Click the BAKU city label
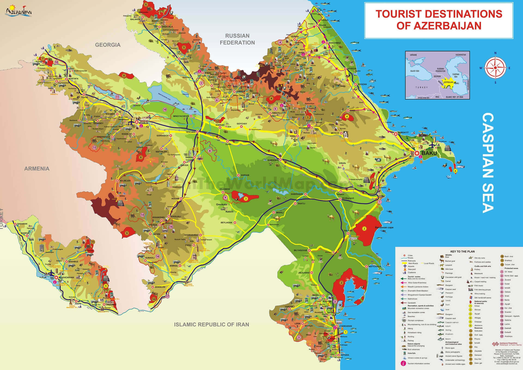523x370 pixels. point(429,153)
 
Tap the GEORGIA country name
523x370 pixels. point(108,45)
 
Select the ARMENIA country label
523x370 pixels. point(37,169)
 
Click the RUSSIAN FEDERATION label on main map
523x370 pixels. point(237,39)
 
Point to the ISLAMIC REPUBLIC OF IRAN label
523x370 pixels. point(211,324)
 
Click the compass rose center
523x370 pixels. point(495,68)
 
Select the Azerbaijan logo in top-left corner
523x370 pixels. point(19,11)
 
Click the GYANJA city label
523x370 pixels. point(144,123)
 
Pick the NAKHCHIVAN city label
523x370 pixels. point(66,277)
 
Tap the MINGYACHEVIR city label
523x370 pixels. point(181,116)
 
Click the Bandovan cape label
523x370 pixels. point(384,228)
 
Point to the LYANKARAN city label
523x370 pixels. point(345,326)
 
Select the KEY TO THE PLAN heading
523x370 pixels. point(462,251)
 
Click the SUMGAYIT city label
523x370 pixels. point(403,132)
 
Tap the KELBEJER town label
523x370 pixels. point(125,181)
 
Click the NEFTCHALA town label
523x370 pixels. point(375,266)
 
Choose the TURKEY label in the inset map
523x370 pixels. point(421,87)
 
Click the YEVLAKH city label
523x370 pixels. point(191,132)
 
